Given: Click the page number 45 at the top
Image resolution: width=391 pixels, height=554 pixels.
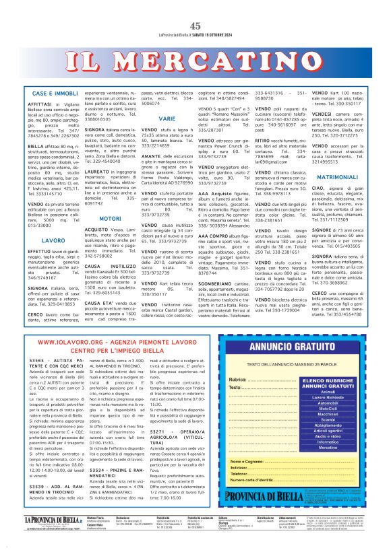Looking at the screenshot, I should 195,7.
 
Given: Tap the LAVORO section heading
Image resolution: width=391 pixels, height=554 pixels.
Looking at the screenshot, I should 34,240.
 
